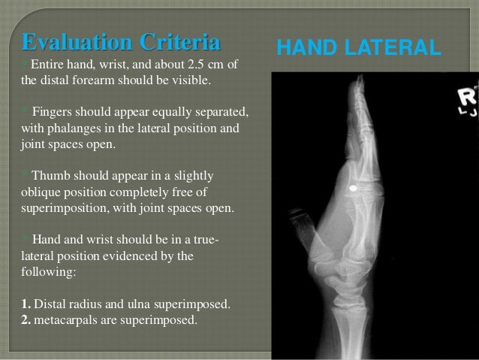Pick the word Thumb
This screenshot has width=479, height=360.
pos(51,177)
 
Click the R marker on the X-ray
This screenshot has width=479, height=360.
pos(468,95)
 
